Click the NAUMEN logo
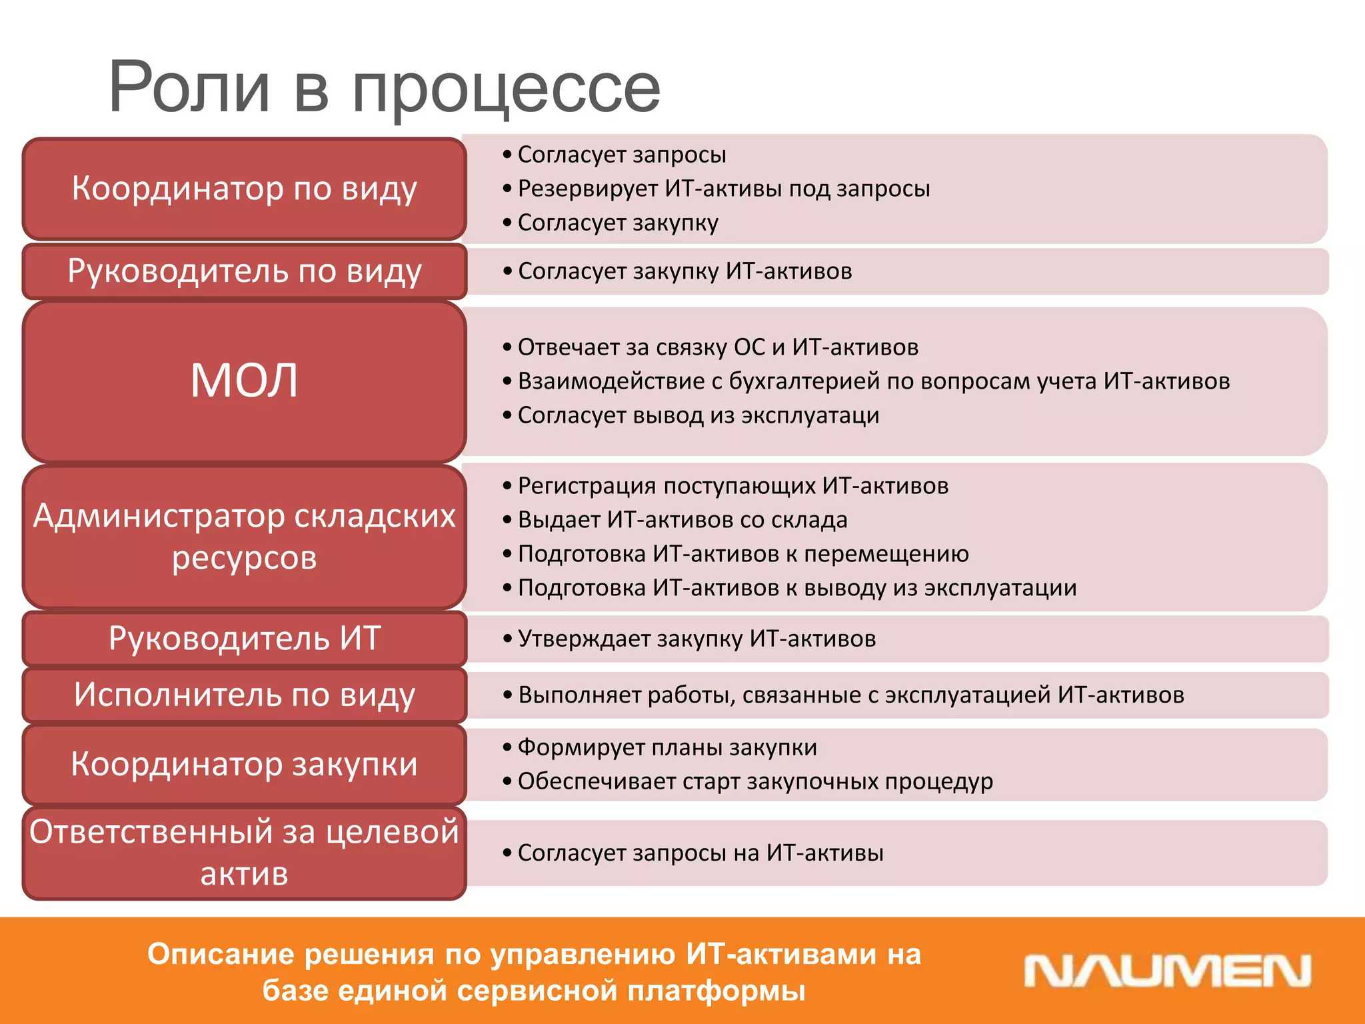tap(1167, 971)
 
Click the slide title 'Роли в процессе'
tap(384, 87)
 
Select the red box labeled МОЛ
tap(244, 381)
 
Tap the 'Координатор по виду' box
tap(244, 189)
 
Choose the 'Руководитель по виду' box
tap(244, 271)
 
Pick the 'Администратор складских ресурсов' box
tap(244, 537)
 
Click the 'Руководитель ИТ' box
tap(244, 639)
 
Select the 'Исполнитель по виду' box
tap(244, 695)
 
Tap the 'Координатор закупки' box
tap(244, 764)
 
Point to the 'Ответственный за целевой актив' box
tap(244, 853)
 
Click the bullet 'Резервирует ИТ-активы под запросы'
tap(723, 189)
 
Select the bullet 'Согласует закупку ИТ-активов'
tap(684, 271)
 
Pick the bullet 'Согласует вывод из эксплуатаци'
tap(698, 415)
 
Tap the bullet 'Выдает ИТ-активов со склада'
tap(682, 520)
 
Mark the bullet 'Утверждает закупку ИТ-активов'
tap(696, 639)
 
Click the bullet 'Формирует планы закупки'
tap(667, 747)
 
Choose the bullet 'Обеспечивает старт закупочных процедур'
tap(754, 781)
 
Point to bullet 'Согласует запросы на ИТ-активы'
tap(700, 853)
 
